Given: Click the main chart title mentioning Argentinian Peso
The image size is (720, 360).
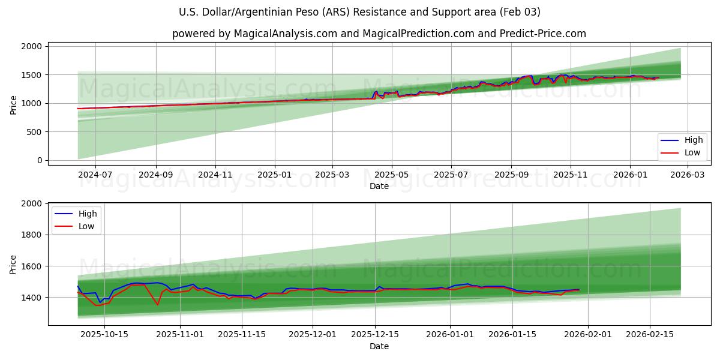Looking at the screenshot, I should coord(359,12).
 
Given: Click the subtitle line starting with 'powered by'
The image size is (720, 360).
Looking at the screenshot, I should coord(379,34).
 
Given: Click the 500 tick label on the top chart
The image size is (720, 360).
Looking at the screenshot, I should coord(35,132).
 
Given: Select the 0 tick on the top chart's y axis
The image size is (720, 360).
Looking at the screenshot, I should coord(40,160).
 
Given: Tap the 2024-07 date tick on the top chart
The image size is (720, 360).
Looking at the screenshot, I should coord(95,174).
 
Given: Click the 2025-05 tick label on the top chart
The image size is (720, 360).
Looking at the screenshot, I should coord(392,174).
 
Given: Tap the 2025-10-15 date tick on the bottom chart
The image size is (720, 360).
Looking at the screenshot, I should coord(104,334).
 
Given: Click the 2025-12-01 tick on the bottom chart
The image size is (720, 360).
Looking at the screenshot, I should coord(313,334).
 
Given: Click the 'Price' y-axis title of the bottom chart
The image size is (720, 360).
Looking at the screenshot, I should coord(14,264).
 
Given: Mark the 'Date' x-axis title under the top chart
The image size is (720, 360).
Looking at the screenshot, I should coord(379,186).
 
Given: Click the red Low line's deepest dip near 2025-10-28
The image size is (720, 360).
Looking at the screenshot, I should coord(158,304).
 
